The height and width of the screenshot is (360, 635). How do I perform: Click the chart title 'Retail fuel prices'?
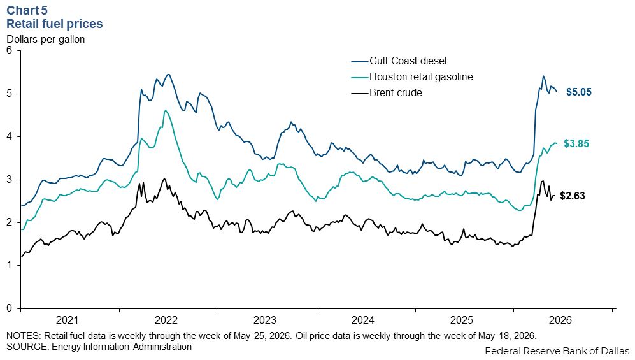pos(55,24)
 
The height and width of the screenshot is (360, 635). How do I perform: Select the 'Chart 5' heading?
pos(27,10)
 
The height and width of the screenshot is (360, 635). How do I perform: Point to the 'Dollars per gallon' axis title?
pos(46,40)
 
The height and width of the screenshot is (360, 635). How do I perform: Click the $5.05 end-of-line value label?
pos(579,92)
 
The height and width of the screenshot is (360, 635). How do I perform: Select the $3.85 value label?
pos(576,143)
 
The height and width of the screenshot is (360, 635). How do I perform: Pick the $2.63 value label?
pos(572,196)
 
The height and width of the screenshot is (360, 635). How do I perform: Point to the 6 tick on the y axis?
pos(10,50)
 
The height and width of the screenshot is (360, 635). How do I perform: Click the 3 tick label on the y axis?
pos(10,180)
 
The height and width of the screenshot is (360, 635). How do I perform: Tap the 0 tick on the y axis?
pos(10,308)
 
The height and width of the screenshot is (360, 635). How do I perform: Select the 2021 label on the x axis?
pos(68,320)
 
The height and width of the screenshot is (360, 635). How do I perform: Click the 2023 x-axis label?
pos(265,320)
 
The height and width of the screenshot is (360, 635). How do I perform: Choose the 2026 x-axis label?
pos(560,320)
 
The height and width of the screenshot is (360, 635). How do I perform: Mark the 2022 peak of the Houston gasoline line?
pos(165,110)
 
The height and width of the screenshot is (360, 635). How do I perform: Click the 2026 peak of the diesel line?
pos(543,76)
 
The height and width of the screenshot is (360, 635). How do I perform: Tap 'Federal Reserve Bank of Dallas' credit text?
pos(557,350)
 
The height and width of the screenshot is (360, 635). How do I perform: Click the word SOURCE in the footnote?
pos(26,347)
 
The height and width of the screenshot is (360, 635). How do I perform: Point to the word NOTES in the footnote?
pos(23,336)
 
